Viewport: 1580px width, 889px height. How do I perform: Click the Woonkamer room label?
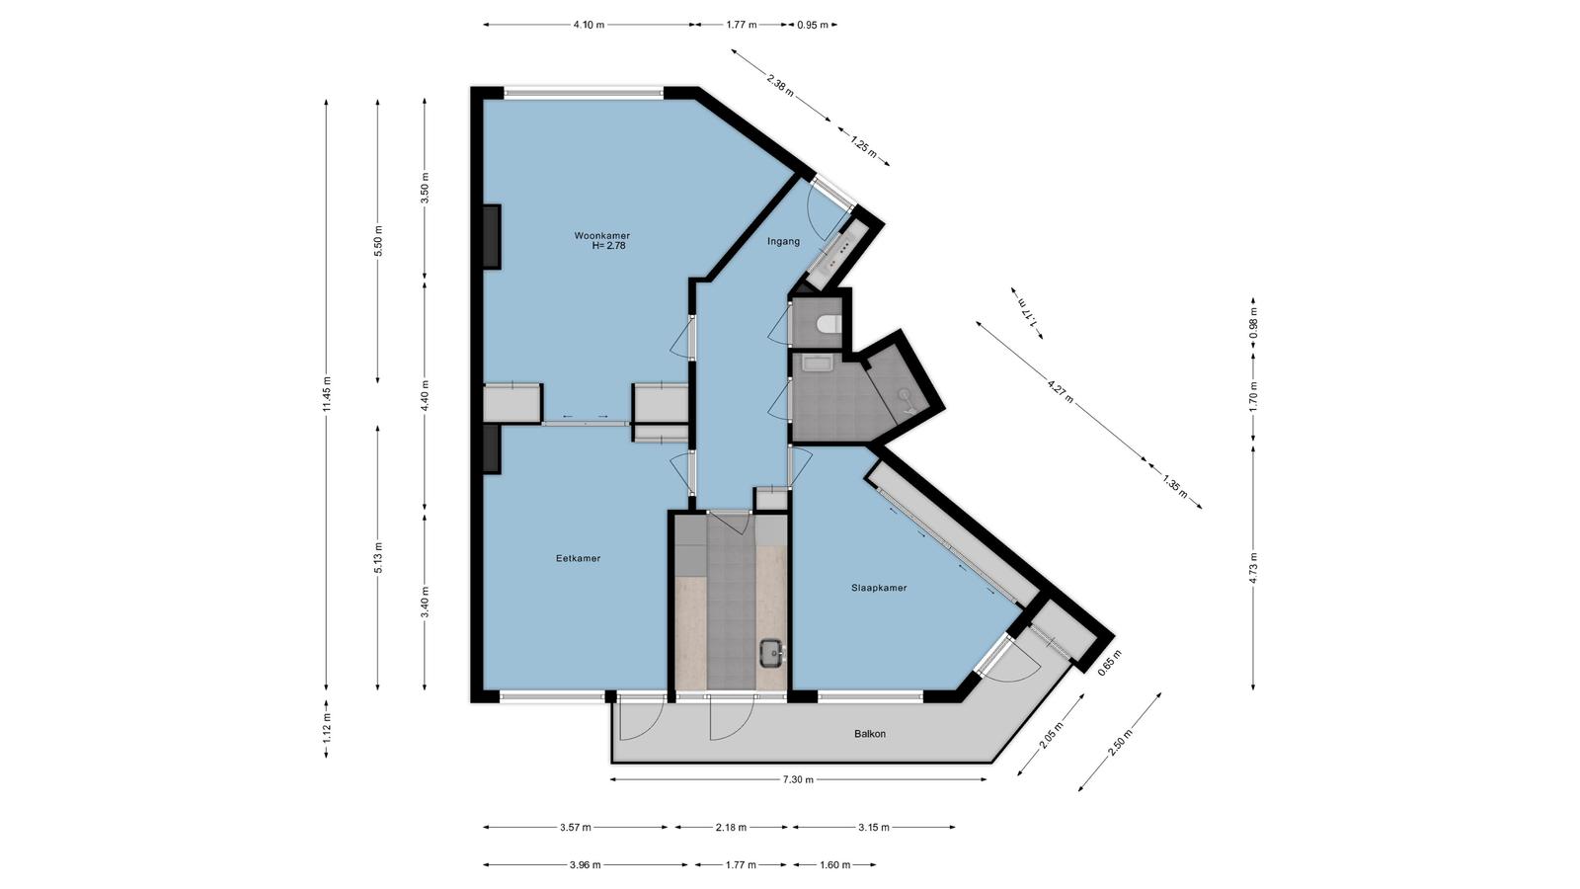click(601, 236)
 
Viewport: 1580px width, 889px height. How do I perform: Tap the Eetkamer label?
click(578, 558)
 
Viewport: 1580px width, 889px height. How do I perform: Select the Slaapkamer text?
click(879, 588)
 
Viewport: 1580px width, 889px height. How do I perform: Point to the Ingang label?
click(784, 241)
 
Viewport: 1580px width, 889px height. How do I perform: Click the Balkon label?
click(870, 734)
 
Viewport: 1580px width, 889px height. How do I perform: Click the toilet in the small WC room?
click(827, 325)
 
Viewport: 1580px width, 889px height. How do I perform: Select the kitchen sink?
click(771, 653)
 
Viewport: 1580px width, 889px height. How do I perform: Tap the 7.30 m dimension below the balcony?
click(798, 779)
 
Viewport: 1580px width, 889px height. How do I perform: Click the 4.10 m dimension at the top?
click(589, 25)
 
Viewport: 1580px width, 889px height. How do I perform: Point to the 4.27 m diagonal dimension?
click(1061, 391)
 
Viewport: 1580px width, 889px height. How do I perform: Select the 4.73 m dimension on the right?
click(1253, 565)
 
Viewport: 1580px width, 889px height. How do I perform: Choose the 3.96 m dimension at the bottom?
click(585, 864)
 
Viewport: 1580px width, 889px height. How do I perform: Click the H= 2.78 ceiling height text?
click(608, 246)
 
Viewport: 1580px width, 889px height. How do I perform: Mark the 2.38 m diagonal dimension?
click(780, 84)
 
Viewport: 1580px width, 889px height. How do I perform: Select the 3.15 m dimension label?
click(873, 827)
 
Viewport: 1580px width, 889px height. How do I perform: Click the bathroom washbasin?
click(818, 364)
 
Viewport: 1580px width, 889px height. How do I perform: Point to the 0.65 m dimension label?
click(1110, 663)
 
